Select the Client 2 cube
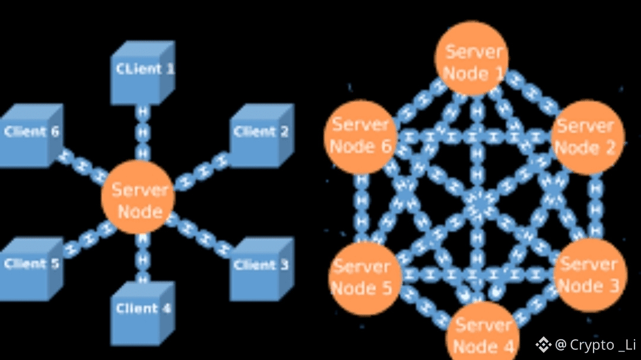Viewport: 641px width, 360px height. pos(259,135)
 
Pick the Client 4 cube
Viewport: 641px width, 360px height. pos(142,311)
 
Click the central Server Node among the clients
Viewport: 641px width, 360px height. pos(138,200)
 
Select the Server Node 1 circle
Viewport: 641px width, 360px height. pos(472,59)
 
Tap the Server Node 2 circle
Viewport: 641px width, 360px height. pos(587,136)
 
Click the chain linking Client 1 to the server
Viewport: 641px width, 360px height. pos(142,133)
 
